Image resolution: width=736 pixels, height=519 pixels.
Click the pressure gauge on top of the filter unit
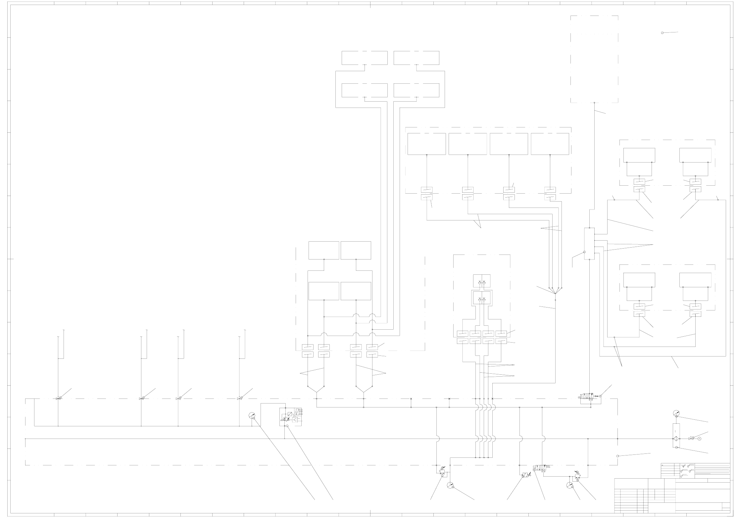pyautogui.click(x=676, y=413)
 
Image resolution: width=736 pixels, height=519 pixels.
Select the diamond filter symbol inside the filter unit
pyautogui.click(x=676, y=439)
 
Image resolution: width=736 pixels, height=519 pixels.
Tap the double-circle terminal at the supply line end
pyautogui.click(x=700, y=439)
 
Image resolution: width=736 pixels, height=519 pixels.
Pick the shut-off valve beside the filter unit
pyautogui.click(x=690, y=439)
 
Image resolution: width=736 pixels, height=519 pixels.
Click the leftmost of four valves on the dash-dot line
pyautogui.click(x=58, y=398)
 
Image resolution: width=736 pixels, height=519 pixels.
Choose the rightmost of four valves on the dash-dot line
pyautogui.click(x=239, y=398)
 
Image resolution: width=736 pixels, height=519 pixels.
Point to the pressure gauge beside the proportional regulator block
pyautogui.click(x=252, y=416)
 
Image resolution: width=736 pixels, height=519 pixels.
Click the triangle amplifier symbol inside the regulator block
pyautogui.click(x=295, y=420)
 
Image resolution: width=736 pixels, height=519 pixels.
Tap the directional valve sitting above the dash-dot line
pyautogui.click(x=587, y=396)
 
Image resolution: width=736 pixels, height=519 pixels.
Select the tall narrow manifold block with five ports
pyautogui.click(x=589, y=244)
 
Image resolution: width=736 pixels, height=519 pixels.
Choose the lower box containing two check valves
pyautogui.click(x=482, y=299)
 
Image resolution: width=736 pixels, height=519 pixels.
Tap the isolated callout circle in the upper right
pyautogui.click(x=662, y=33)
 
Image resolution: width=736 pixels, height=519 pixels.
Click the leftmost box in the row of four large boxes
pyautogui.click(x=426, y=144)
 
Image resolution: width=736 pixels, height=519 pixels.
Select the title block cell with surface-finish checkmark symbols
pyautogui.click(x=687, y=470)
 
